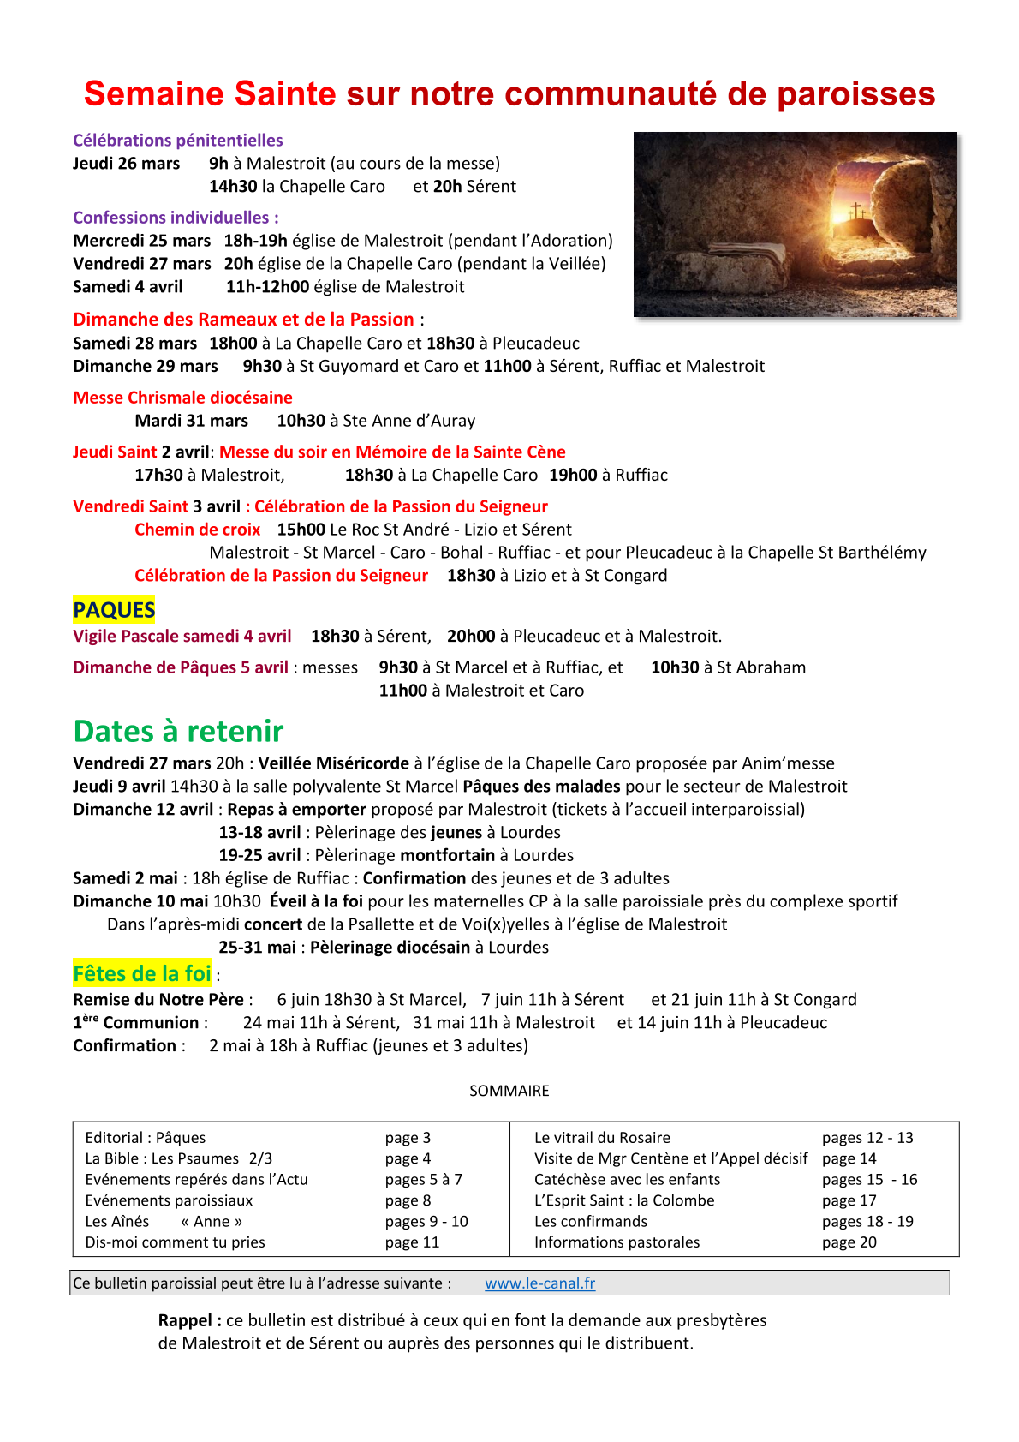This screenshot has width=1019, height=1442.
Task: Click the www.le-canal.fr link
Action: pyautogui.click(x=539, y=1283)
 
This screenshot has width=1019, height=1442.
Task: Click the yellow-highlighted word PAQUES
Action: pyautogui.click(x=114, y=610)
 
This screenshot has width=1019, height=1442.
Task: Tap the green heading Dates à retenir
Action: pyautogui.click(x=178, y=731)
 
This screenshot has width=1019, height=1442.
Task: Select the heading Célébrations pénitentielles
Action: pyautogui.click(x=177, y=141)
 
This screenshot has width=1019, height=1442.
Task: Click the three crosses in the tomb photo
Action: pyautogui.click(x=856, y=212)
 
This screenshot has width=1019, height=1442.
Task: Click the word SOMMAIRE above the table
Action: pyautogui.click(x=509, y=1091)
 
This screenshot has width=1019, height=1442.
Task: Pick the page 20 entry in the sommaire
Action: pyautogui.click(x=849, y=1242)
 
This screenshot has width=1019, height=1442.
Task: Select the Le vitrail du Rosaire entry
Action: pyautogui.click(x=602, y=1138)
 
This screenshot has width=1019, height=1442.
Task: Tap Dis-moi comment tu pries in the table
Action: pyautogui.click(x=175, y=1242)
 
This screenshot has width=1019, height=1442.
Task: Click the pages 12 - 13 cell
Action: pyautogui.click(x=867, y=1138)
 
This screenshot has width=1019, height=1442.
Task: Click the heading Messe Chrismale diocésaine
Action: pyautogui.click(x=182, y=398)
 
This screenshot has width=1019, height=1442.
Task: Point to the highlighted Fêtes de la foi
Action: pyautogui.click(x=142, y=974)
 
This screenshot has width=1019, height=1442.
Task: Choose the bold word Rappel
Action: pyautogui.click(x=189, y=1320)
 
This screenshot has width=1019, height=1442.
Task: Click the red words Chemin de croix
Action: pyautogui.click(x=197, y=530)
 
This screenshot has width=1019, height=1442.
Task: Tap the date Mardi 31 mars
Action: pyautogui.click(x=191, y=421)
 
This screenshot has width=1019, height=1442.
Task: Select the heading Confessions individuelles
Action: pyautogui.click(x=176, y=218)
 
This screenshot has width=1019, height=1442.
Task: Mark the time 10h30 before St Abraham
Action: pyautogui.click(x=675, y=667)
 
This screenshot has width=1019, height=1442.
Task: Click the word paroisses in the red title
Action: pyautogui.click(x=855, y=94)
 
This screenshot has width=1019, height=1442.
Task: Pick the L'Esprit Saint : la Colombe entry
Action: pyautogui.click(x=623, y=1200)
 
